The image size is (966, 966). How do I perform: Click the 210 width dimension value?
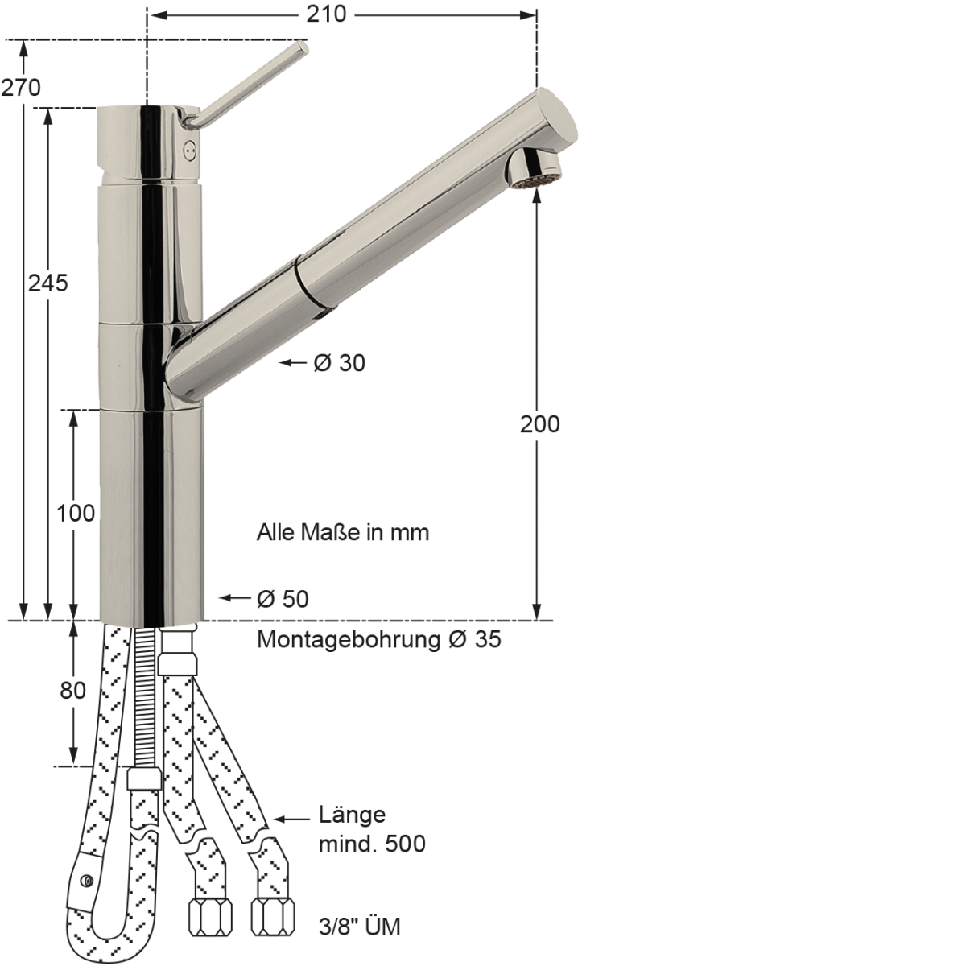326,14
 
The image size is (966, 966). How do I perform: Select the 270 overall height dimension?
21,89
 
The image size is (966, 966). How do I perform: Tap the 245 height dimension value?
47,283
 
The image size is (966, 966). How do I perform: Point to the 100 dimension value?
75,514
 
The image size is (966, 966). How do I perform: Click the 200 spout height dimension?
540,424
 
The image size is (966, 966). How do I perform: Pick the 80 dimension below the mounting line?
72,691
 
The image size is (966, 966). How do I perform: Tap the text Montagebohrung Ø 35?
379,640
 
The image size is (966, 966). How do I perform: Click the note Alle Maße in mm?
343,532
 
